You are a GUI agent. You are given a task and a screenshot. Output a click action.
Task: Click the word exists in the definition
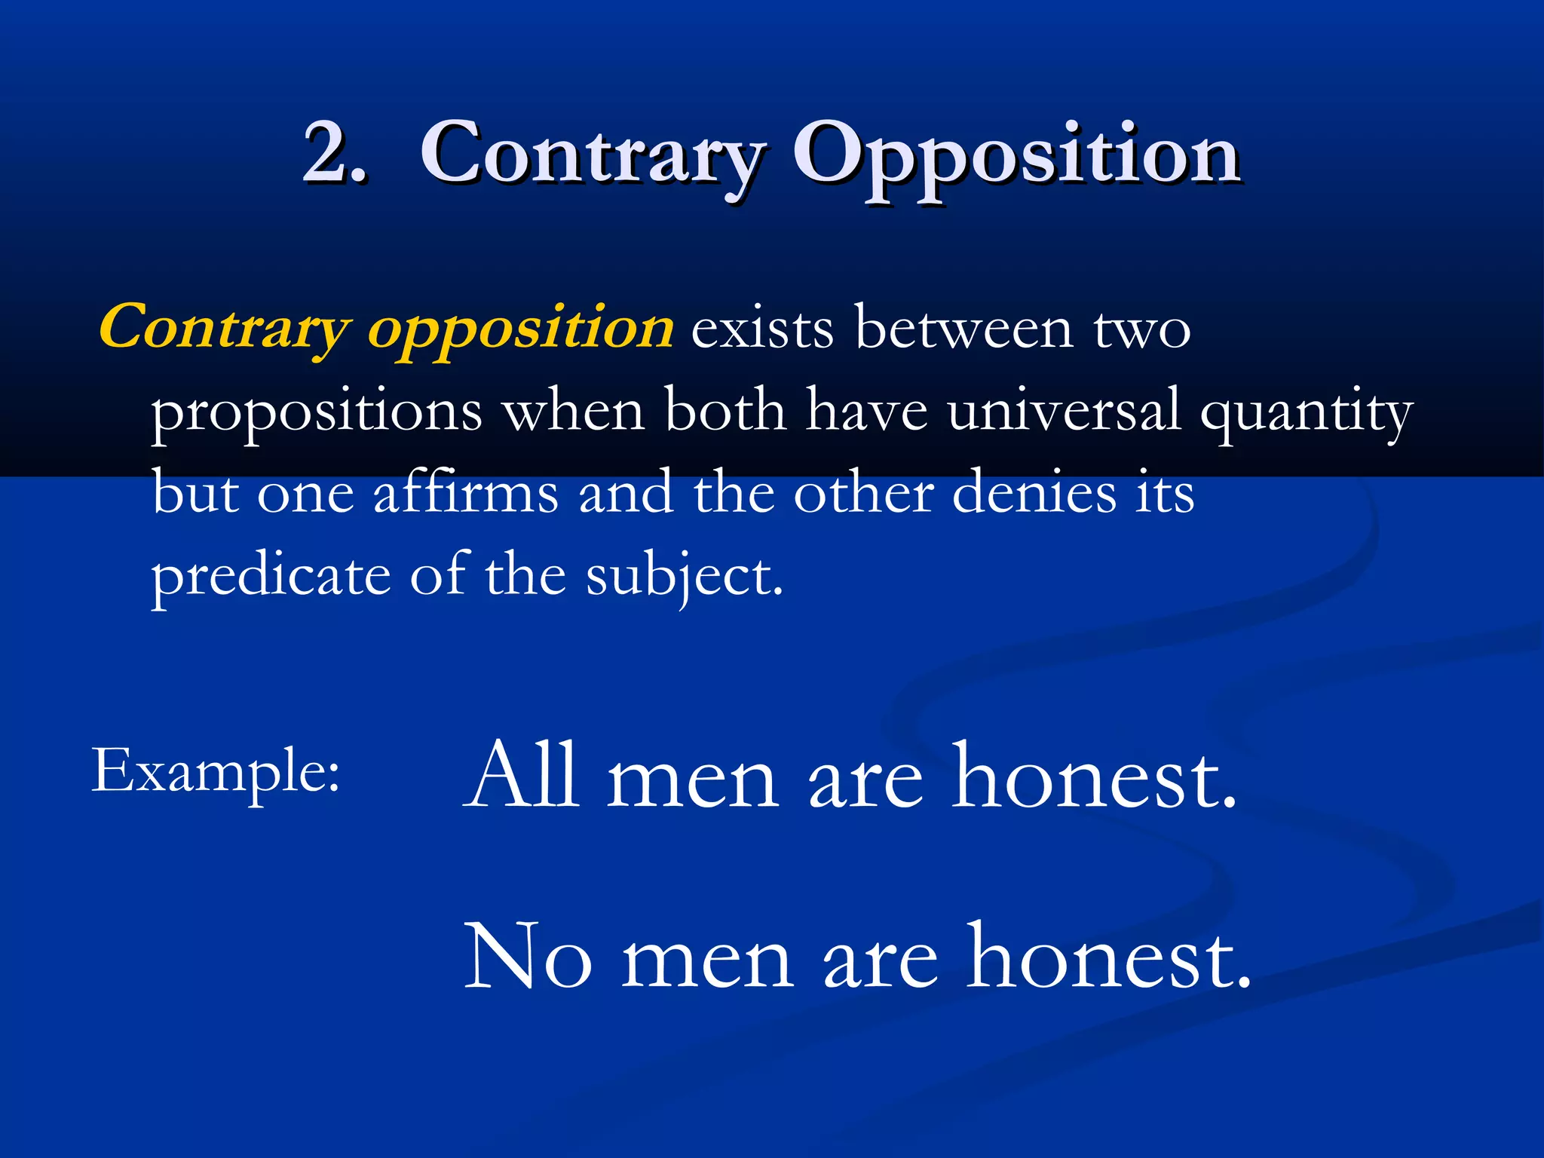pos(762,329)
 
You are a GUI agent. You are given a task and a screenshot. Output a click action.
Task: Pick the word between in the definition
pos(964,329)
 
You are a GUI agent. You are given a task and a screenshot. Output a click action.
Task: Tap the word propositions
pos(317,414)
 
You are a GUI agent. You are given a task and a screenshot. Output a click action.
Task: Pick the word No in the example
pos(528,958)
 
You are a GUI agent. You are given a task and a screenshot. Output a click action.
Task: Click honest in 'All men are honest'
pos(1093,776)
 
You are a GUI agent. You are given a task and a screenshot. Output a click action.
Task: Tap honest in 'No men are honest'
pos(1108,958)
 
